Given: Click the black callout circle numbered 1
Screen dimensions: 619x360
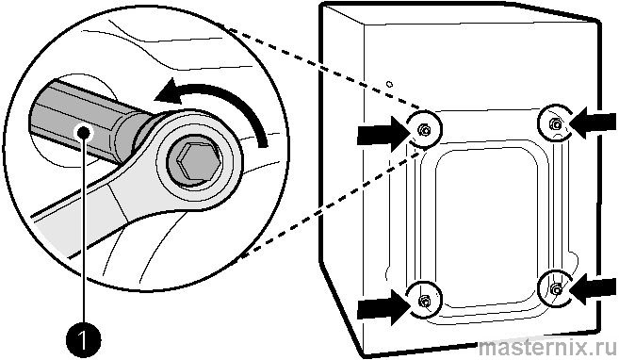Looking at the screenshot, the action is tap(83, 338).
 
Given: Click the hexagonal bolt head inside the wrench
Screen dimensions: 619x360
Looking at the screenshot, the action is tap(197, 161).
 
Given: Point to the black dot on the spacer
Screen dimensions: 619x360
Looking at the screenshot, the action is tap(83, 132).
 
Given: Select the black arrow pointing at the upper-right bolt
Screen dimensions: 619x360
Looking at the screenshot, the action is tap(593, 123).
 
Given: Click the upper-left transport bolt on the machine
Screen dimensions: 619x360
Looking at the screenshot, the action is tap(424, 129).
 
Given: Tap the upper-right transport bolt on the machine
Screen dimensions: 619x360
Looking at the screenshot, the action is tap(556, 124).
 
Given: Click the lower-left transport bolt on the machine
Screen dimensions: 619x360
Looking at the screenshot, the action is tap(424, 302).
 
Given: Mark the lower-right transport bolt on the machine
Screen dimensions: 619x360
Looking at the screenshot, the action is tap(556, 290).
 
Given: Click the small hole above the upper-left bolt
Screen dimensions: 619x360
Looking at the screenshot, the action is tap(389, 84).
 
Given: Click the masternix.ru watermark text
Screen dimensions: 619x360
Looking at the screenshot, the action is tap(547, 348).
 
